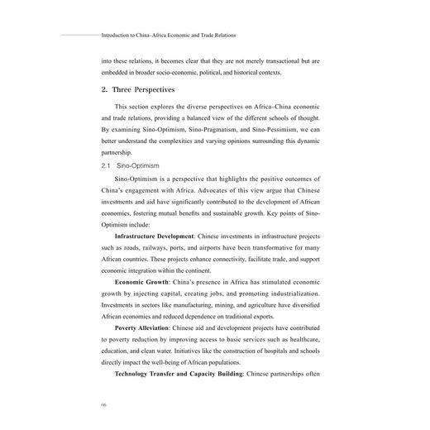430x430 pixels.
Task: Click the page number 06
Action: pos(103,404)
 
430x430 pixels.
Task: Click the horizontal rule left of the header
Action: pos(81,36)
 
